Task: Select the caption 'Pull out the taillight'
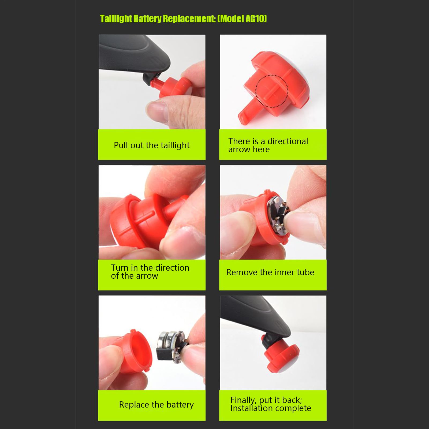coord(152,145)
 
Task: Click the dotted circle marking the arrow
coord(271,91)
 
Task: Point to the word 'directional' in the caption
coord(288,141)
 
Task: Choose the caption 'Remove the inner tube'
coord(270,272)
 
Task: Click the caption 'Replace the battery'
coord(156,405)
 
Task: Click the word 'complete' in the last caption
coord(294,408)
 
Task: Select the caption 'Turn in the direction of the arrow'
coord(150,272)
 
